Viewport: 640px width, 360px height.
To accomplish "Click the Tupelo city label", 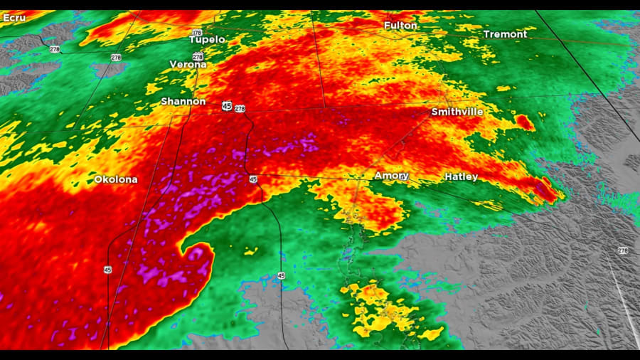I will [x=207, y=39].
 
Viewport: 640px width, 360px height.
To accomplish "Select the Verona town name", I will [x=188, y=64].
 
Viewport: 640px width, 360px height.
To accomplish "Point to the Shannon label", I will [x=183, y=102].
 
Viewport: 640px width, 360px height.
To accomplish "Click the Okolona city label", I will [x=116, y=179].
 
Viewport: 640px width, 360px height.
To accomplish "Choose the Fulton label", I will [x=400, y=26].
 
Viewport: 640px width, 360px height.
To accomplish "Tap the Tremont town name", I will [x=505, y=34].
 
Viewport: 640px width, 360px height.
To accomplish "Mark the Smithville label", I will [x=457, y=112].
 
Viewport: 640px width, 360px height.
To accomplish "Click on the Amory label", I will [x=392, y=176].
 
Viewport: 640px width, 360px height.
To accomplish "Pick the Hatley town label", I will [x=462, y=176].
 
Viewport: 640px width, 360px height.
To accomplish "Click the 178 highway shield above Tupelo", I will [x=196, y=33].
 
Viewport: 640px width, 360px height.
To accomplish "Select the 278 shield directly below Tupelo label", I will [x=198, y=56].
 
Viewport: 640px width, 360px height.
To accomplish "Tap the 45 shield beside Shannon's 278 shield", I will [x=226, y=105].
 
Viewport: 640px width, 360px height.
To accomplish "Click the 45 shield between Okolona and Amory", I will [x=254, y=179].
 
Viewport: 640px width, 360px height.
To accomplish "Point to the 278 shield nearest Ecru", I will [x=55, y=49].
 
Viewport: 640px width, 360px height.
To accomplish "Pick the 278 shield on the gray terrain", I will [x=623, y=250].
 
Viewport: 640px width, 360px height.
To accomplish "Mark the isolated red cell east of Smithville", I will [x=525, y=122].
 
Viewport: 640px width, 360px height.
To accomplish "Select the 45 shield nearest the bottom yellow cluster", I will [x=281, y=275].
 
